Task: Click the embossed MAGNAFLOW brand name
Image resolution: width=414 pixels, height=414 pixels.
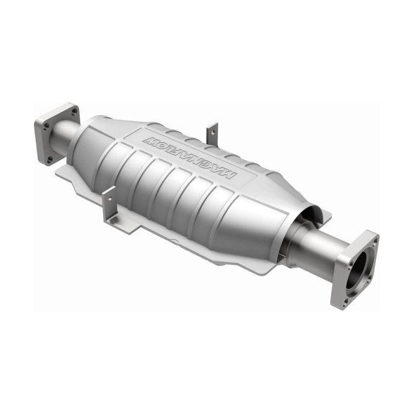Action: (190, 157)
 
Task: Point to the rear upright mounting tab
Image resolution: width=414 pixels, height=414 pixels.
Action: (212, 134)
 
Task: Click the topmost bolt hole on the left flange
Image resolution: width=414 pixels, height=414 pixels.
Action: (74, 111)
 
